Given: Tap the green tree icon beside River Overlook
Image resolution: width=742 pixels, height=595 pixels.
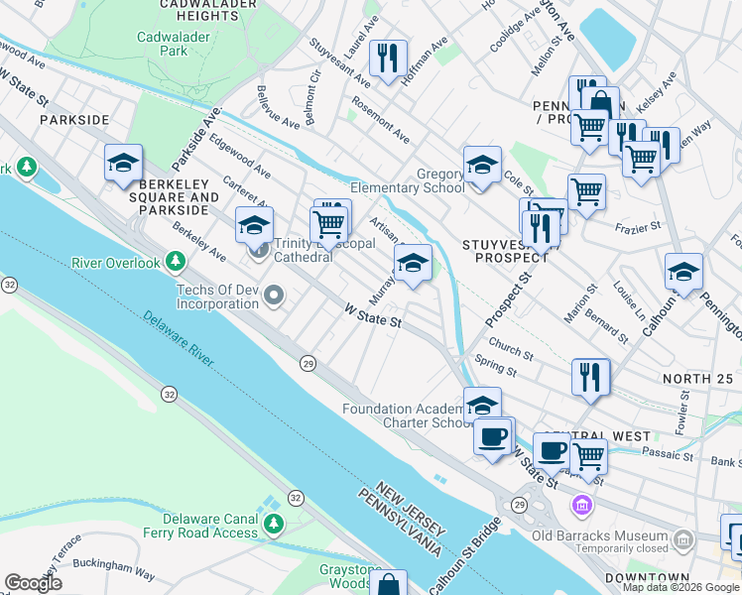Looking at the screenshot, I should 176,262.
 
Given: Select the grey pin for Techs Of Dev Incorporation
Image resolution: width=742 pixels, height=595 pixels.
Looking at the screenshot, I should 275,295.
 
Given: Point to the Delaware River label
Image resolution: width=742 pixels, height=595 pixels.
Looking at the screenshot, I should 179,340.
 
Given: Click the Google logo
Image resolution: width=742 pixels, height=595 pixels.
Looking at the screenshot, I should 34,583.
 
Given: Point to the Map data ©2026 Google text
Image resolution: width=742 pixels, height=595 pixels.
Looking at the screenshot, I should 680,587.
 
